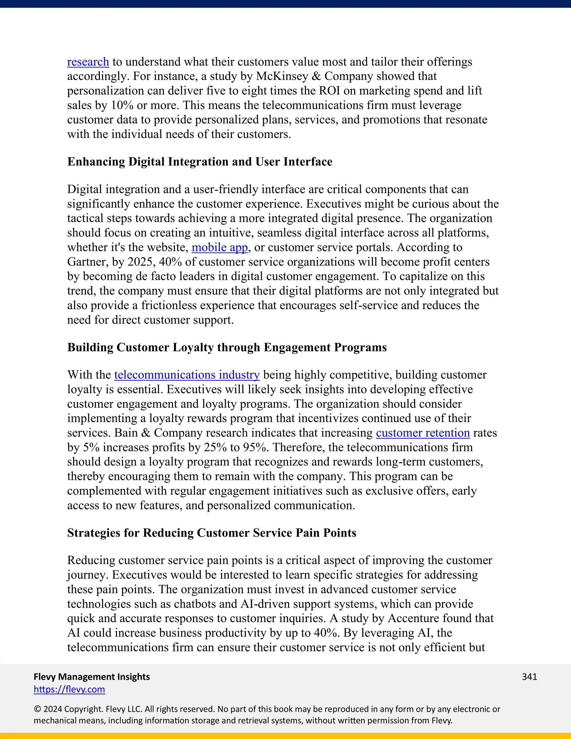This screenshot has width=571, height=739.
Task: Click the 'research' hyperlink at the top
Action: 88,62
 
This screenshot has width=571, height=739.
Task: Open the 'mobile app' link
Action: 219,247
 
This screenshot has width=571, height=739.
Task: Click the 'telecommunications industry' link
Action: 187,375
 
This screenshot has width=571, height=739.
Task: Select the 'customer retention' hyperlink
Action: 423,433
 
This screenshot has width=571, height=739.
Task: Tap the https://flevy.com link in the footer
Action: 69,689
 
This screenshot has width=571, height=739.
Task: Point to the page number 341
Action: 529,677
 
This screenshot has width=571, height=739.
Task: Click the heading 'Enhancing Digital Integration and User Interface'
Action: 200,162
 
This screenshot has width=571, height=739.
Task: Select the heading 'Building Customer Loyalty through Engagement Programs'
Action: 227,347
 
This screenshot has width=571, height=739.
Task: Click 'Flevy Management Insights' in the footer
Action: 92,677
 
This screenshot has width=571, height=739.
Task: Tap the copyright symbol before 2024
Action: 37,709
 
